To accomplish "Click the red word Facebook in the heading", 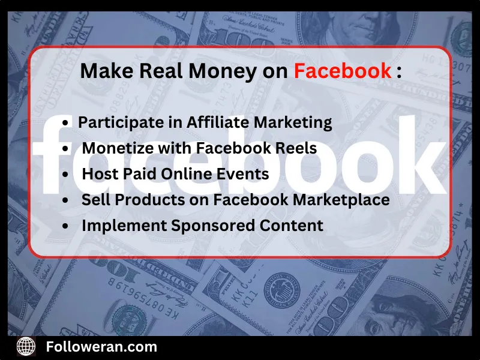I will (x=342, y=71).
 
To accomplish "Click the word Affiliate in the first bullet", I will (x=218, y=122).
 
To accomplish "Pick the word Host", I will (x=97, y=174).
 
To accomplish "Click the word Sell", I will (x=94, y=200).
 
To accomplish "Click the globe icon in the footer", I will (x=26, y=346).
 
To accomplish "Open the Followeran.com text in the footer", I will (x=101, y=346).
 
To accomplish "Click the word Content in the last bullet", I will (x=293, y=226).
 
